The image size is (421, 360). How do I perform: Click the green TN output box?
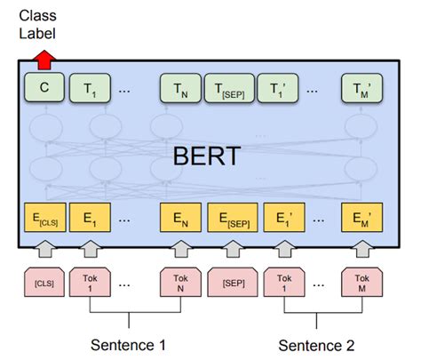pyautogui.click(x=180, y=88)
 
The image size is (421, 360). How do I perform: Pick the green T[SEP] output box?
pyautogui.click(x=229, y=88)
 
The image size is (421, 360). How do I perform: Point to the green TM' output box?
pyautogui.click(x=362, y=88)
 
